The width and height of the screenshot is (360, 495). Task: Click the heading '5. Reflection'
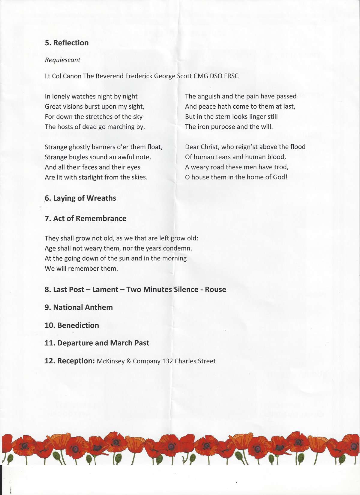tap(67, 43)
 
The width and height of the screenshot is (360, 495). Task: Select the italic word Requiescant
tap(62, 60)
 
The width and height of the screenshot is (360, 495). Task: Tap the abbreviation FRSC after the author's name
tap(231, 76)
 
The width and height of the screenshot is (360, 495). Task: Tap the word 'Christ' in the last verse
tap(210, 147)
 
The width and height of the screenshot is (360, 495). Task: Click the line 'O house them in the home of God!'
tap(236, 177)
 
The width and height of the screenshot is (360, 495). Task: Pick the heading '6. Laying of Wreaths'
tap(80, 198)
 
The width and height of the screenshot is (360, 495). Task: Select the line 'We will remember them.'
tap(81, 268)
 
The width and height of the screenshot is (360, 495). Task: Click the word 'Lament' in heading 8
tap(105, 289)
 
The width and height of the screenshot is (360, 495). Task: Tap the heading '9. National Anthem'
tap(79, 307)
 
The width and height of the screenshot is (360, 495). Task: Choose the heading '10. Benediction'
tap(72, 325)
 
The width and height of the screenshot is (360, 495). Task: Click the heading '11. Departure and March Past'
tap(97, 343)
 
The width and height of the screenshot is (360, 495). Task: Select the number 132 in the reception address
tap(167, 361)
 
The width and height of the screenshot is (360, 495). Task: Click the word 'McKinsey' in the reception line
tap(110, 361)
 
